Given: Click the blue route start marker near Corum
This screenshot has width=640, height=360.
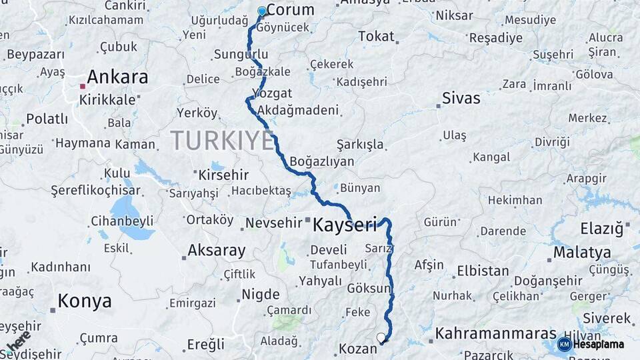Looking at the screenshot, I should (x=261, y=11).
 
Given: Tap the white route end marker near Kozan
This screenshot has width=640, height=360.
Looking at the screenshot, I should (x=381, y=338).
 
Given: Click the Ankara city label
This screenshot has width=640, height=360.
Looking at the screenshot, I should (x=117, y=77).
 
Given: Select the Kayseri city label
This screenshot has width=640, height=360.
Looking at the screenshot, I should (x=345, y=225).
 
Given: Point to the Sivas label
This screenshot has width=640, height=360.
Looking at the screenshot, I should (x=461, y=99).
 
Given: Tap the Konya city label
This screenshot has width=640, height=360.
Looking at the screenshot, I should (x=85, y=301).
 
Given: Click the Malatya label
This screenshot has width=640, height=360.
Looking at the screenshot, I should (x=582, y=253).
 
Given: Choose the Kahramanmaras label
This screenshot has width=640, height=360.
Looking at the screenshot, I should (x=495, y=333).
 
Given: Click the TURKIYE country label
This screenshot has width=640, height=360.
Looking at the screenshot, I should (x=222, y=141).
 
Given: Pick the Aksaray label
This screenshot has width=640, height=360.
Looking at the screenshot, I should (x=215, y=251).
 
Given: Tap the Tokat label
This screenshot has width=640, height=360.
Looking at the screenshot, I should (x=376, y=37).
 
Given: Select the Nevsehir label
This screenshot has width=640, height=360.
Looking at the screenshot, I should (x=274, y=223).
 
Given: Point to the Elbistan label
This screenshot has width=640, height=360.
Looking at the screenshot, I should (x=483, y=272).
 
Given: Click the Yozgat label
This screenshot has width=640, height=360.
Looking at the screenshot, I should (x=272, y=93).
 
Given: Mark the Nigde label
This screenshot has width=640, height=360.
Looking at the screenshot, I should (x=260, y=294).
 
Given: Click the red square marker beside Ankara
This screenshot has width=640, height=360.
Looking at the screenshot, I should (x=82, y=86).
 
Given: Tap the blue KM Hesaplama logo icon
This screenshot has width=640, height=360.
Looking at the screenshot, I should (x=564, y=344).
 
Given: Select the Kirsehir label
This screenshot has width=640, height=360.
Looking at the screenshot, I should (x=223, y=175).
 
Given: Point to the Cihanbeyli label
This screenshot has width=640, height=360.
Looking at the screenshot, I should (x=122, y=221).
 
